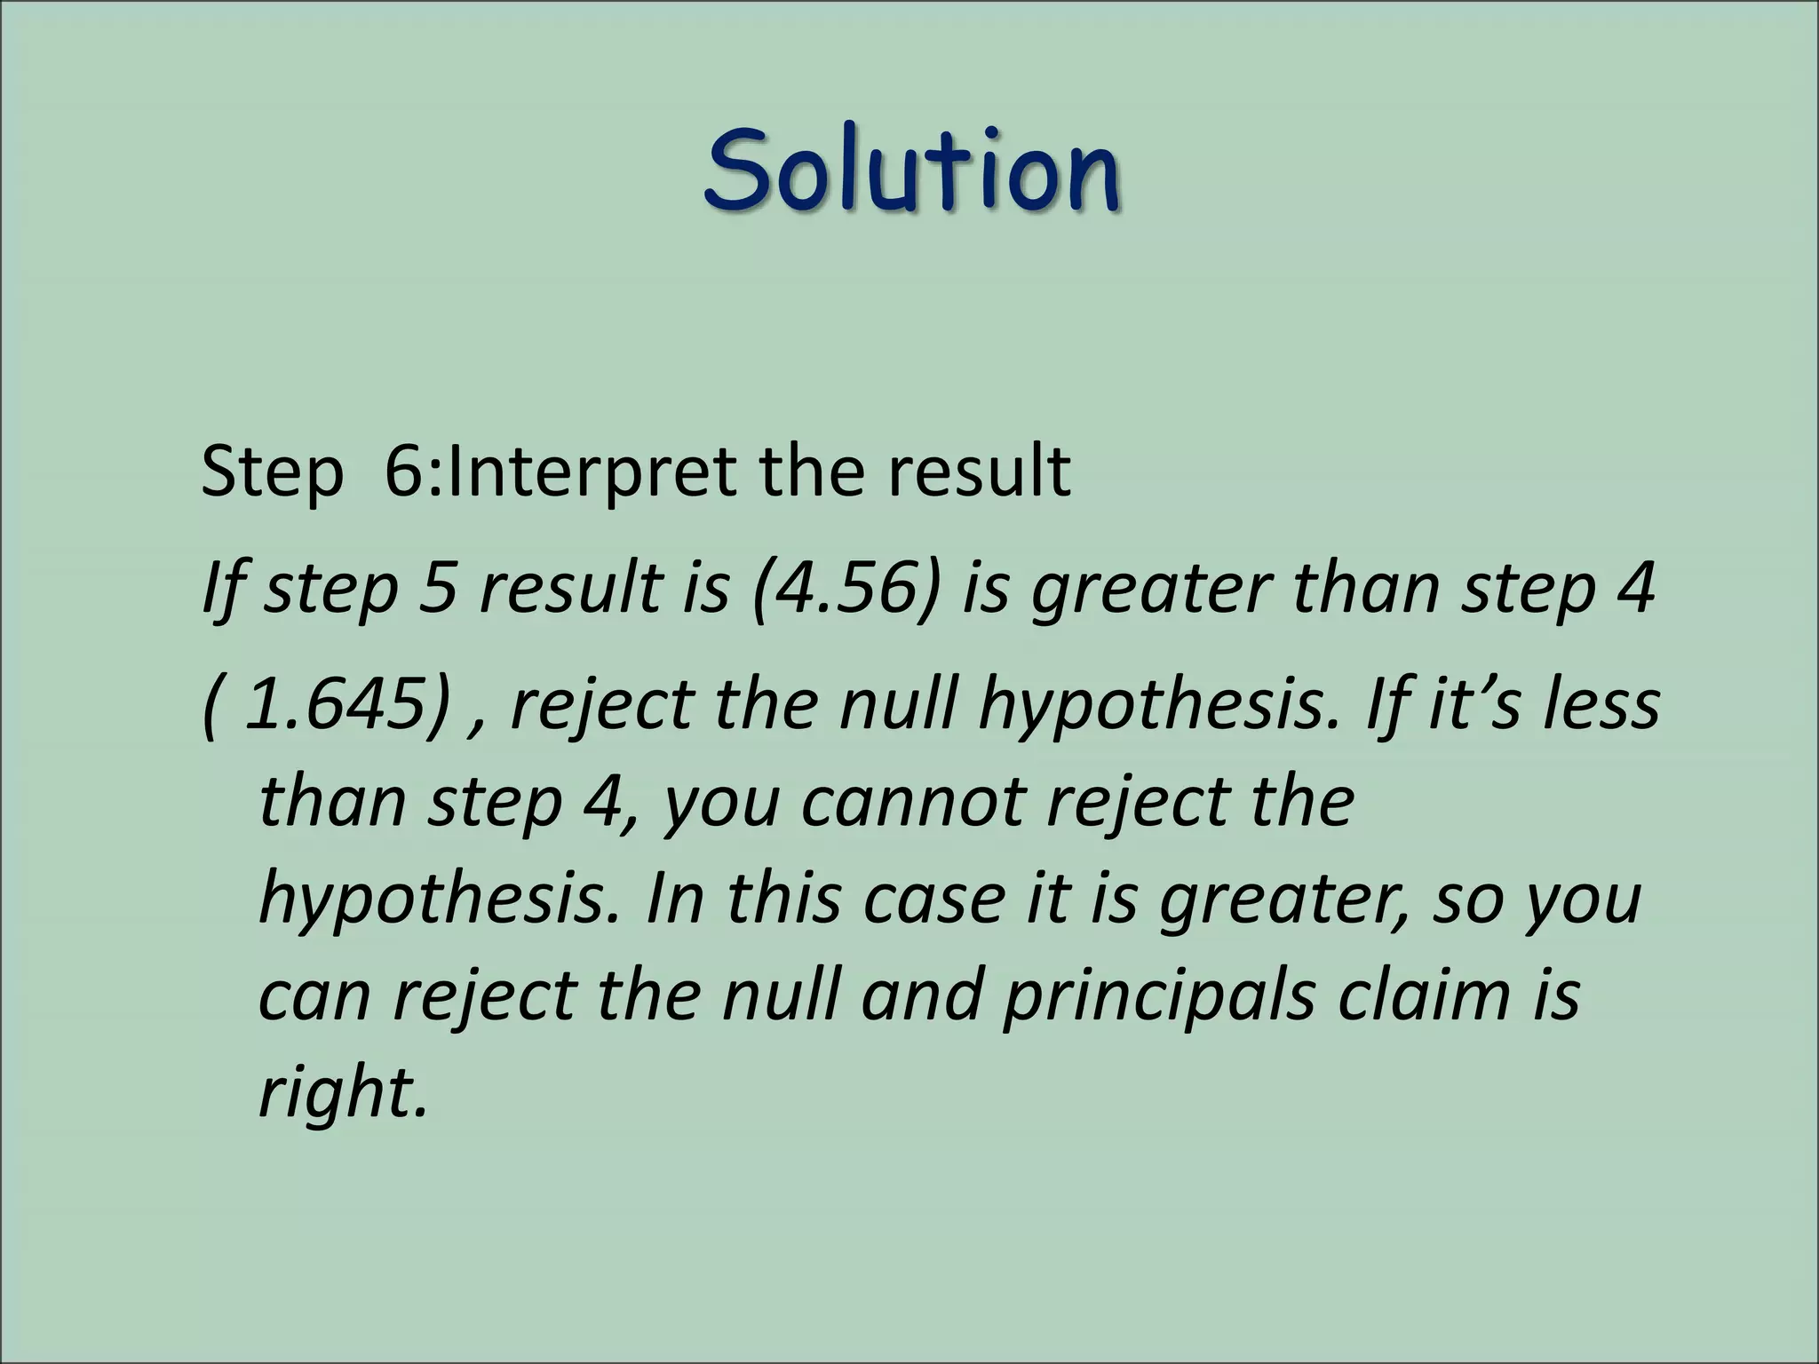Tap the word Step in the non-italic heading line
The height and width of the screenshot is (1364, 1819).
click(x=272, y=472)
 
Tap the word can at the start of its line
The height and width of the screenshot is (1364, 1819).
click(x=314, y=995)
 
